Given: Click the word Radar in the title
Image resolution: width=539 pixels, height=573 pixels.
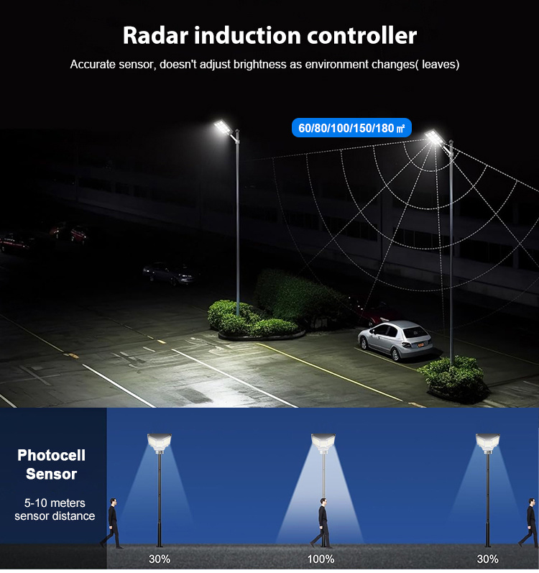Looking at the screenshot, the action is [x=155, y=35].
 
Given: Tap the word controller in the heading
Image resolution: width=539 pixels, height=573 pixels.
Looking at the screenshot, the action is [x=361, y=35].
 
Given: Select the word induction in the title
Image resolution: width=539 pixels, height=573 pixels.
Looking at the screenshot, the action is [x=248, y=35].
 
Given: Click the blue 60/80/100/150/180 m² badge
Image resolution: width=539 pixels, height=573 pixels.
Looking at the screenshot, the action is [x=351, y=128].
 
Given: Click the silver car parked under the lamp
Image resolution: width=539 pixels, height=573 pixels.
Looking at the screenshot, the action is [x=395, y=339].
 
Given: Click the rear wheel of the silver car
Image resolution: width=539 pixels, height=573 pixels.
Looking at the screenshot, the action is [x=395, y=354].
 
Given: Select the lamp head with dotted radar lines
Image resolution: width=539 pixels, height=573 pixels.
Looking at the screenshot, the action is [x=435, y=137].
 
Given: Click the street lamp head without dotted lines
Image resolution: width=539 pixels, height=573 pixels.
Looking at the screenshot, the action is [x=223, y=127].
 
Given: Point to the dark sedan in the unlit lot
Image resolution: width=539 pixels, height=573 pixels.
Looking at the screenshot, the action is [x=169, y=272].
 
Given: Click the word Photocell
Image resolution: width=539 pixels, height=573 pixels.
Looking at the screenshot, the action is [x=51, y=455].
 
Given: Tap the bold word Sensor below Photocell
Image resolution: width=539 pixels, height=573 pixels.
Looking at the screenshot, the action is [x=51, y=474].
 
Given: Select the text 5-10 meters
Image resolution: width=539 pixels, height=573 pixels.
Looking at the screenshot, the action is [x=55, y=503].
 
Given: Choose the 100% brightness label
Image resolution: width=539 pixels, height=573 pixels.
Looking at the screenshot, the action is [x=321, y=559].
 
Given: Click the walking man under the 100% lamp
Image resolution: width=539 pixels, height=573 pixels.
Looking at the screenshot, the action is [x=321, y=523].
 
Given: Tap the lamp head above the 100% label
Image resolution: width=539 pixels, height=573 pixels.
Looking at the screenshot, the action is [x=323, y=441].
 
